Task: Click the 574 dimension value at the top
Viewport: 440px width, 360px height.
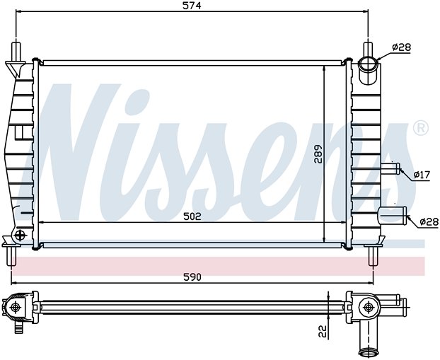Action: (192, 6)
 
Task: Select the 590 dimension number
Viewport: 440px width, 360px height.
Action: (192, 277)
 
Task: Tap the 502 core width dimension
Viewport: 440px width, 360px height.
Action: (192, 216)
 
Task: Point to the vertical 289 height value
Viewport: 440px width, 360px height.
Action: (318, 153)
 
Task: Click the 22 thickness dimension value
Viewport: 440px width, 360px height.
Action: (323, 331)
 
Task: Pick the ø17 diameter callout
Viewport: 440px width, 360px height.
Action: (422, 175)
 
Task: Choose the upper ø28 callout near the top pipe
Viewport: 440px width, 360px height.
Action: (402, 47)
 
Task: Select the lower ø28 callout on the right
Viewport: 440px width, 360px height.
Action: (429, 222)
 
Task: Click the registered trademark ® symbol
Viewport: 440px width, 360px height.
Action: (421, 128)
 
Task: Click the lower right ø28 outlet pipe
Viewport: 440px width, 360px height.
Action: (394, 216)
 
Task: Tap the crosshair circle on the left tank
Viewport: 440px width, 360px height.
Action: (21, 235)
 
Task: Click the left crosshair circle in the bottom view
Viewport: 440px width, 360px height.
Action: (15, 307)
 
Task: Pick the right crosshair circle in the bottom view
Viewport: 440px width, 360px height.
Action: (368, 308)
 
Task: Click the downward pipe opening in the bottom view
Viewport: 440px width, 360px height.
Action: (366, 352)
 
